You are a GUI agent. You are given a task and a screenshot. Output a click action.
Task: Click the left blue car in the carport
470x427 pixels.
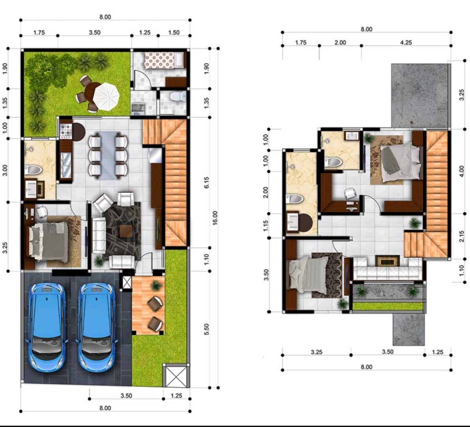47,327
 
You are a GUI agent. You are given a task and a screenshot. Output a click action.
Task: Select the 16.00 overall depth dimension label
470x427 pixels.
215,218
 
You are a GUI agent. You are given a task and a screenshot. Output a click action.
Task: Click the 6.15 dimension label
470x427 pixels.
206,183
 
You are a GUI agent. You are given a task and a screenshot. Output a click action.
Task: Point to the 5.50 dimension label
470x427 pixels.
206,329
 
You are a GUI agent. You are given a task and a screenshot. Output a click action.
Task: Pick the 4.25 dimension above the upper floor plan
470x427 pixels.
406,43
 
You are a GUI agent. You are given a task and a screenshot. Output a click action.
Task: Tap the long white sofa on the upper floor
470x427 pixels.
388,269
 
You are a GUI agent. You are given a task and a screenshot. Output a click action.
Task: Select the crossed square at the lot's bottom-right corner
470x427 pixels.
176,375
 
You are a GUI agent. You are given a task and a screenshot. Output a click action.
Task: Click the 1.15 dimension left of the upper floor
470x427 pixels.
266,226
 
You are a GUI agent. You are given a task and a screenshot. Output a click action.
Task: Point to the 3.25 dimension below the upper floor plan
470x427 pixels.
316,352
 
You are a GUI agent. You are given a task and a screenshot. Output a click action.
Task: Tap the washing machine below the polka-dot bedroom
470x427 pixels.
138,108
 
